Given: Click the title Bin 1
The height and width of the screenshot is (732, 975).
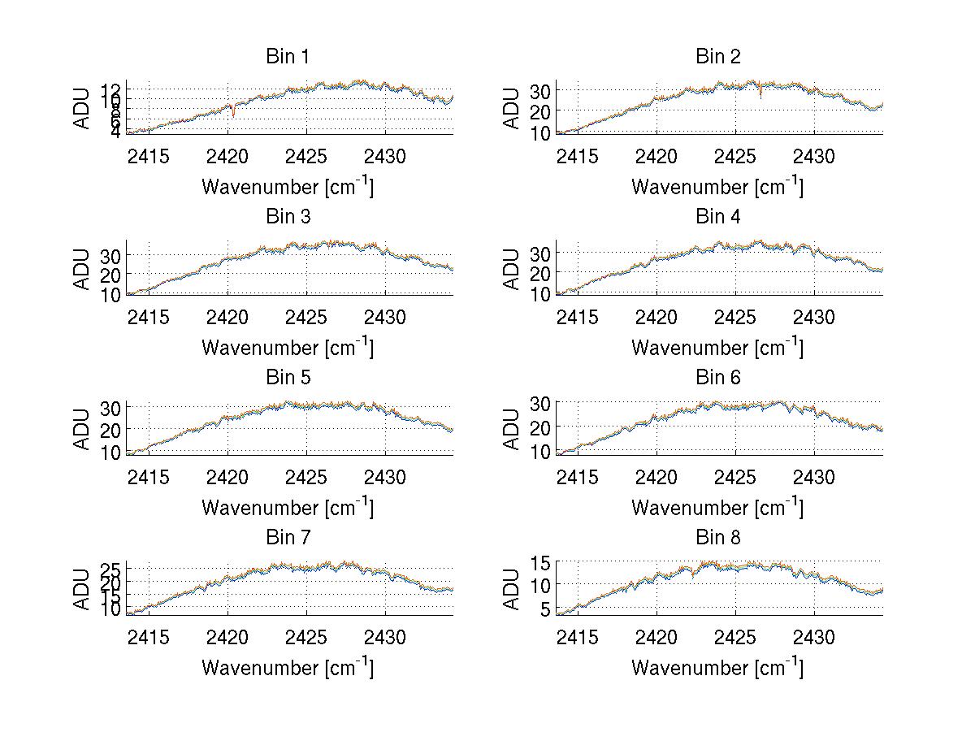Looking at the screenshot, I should coord(288,57).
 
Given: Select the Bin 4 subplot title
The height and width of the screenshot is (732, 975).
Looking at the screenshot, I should coord(717,217).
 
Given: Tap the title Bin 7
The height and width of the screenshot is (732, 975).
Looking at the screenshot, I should coord(288,538).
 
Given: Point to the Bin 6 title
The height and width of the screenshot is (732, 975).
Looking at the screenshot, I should coord(717,378).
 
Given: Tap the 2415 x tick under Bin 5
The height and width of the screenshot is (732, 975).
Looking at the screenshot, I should coord(149,476).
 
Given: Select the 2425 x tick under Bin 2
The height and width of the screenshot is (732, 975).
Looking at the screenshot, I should coord(735,155).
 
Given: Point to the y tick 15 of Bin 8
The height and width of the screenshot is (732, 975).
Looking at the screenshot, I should coord(542,562).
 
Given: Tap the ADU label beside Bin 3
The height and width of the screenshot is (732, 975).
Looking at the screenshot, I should coord(82,269).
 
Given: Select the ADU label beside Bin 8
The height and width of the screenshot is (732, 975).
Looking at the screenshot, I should coord(512,589).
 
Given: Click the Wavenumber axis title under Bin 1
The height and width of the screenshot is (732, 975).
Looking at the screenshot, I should coord(288,187).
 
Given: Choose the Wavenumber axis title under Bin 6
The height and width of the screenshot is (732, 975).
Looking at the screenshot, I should coord(717,508).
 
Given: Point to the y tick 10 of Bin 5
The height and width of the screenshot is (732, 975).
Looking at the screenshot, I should coord(111,452).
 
